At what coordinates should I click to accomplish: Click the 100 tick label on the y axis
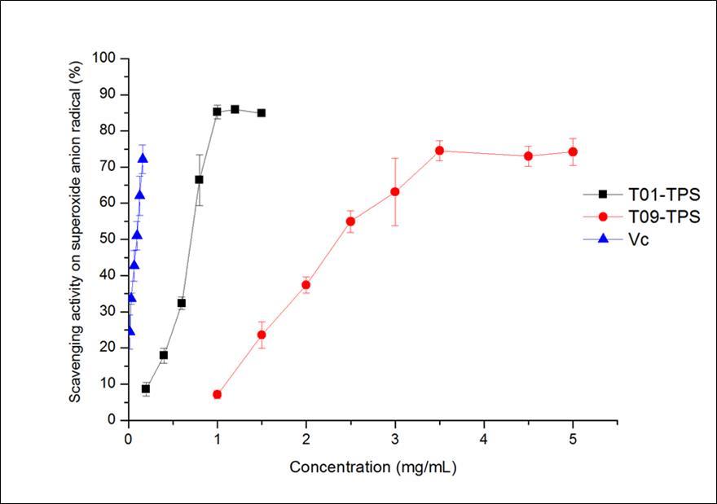tap(106, 59)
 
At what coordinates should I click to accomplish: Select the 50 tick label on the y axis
tap(109, 239)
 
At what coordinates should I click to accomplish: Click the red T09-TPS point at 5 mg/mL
tap(573, 151)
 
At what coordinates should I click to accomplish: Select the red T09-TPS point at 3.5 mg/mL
tap(439, 151)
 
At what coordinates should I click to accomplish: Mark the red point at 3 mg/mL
tap(395, 191)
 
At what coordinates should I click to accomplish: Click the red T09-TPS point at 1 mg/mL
tap(217, 394)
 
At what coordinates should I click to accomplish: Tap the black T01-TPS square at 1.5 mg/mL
tap(262, 113)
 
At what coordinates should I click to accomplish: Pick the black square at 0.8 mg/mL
tap(199, 179)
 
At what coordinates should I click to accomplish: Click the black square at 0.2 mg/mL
tap(146, 389)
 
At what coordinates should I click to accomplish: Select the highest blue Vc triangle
tap(143, 159)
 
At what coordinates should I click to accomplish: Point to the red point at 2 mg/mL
tap(306, 285)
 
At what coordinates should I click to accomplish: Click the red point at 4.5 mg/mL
tap(529, 156)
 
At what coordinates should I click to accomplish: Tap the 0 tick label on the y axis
tap(113, 420)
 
